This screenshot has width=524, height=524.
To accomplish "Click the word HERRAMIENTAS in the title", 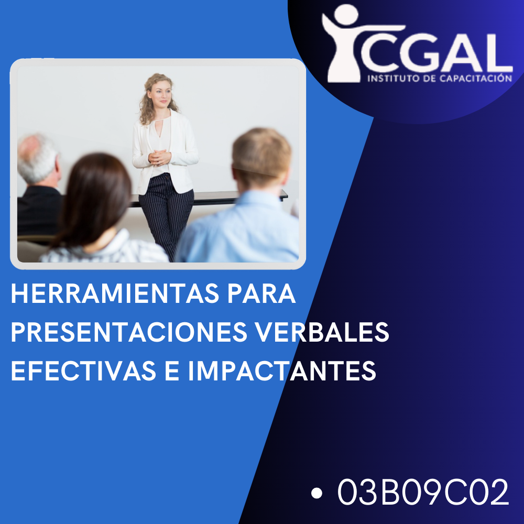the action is [115, 293].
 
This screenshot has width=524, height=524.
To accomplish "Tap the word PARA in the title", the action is [261, 293].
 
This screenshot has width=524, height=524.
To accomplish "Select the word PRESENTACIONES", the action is [129, 332].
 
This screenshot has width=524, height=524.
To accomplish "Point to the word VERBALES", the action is [322, 332].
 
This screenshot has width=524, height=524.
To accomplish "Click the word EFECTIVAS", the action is [83, 370].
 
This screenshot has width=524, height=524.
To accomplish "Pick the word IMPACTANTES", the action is [282, 370].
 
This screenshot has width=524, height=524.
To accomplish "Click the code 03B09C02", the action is [423, 492].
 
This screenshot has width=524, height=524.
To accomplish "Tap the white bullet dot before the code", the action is [316, 493].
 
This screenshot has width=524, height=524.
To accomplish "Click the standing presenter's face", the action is [160, 93].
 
